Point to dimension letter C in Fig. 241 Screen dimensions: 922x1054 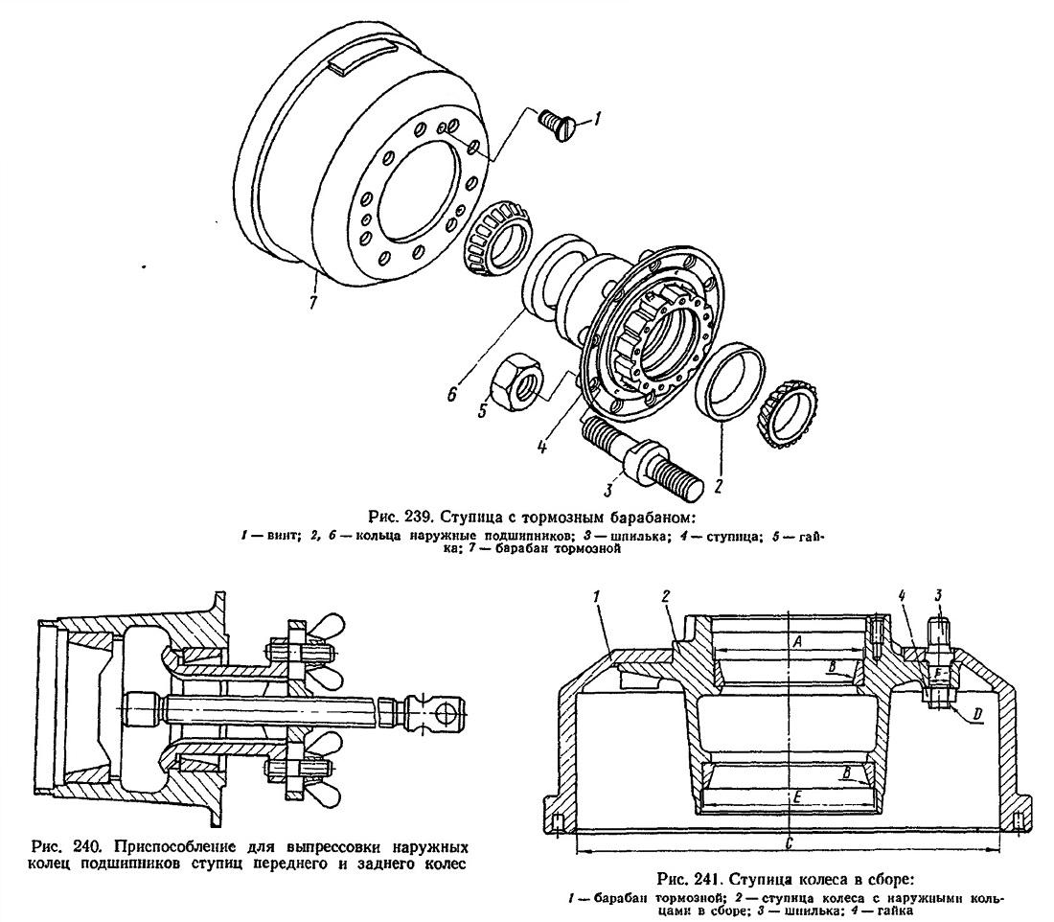click(788, 842)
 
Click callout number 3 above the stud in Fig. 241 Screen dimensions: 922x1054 click(940, 595)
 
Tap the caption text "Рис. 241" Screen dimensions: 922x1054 click(681, 879)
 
